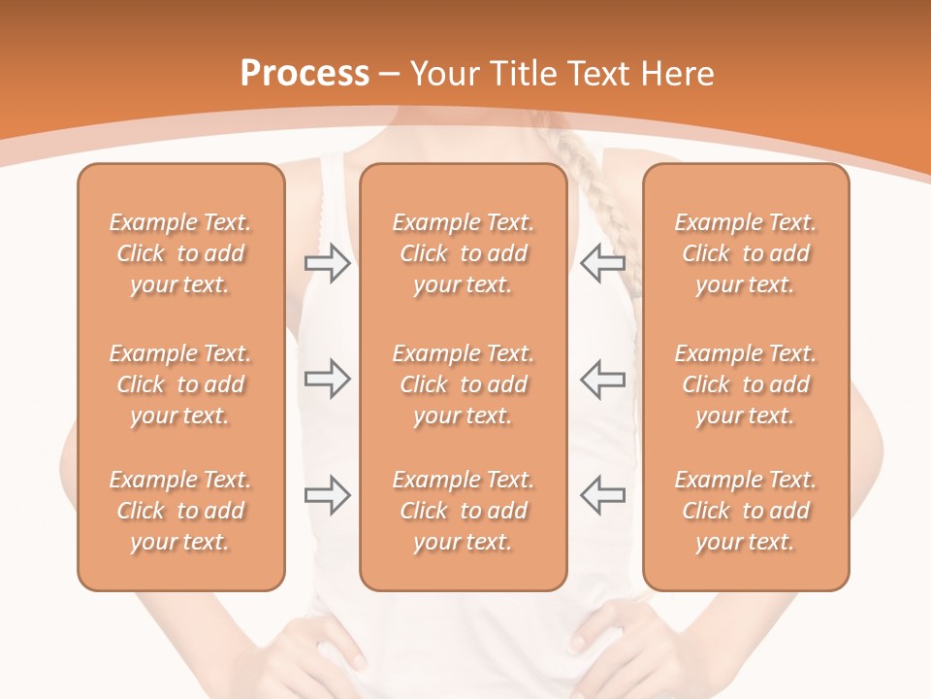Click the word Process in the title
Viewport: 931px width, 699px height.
coord(305,74)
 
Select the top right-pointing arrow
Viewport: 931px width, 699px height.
coord(327,263)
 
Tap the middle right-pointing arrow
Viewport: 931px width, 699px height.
coord(327,379)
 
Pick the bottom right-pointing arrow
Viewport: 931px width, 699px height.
coord(327,495)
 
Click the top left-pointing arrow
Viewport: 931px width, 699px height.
coord(602,263)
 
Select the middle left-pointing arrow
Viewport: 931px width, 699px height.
coord(602,379)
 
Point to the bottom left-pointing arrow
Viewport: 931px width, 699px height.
coord(602,495)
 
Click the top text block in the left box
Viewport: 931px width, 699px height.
coord(180,253)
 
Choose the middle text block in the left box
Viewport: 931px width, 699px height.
coord(180,384)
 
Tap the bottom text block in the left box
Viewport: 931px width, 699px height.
coord(180,511)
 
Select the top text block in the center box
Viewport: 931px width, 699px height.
coord(463,253)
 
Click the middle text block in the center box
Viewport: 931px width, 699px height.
coord(463,384)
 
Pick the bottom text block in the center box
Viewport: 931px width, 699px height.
coord(463,511)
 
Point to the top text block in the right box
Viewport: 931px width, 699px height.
coord(745,253)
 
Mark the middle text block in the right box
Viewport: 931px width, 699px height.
coord(745,384)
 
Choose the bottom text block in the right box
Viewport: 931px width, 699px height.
coord(745,511)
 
